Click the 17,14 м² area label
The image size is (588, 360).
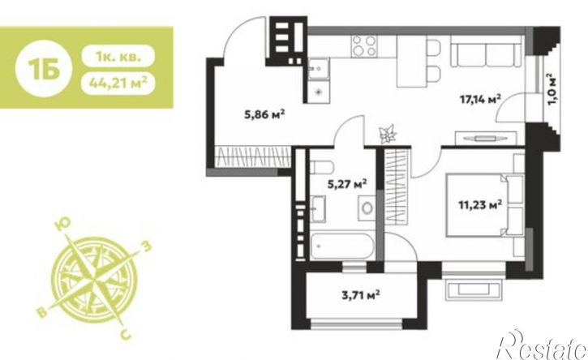(x=480, y=100)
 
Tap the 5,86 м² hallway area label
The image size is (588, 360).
(x=264, y=114)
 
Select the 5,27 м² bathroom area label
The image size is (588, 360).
(x=347, y=184)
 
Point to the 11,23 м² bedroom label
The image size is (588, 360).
(x=480, y=205)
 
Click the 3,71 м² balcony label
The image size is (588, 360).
(x=360, y=295)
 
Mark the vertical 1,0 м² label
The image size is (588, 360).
(x=552, y=90)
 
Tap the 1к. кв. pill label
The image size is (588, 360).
(x=118, y=57)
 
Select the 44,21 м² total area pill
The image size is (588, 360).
(x=118, y=83)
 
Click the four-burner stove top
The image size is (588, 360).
(x=364, y=45)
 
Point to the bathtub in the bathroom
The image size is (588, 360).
(x=342, y=246)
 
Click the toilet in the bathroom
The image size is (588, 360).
(x=321, y=167)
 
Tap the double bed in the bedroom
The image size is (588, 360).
(x=484, y=205)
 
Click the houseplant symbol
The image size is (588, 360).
(x=388, y=134)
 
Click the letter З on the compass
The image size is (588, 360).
(x=147, y=246)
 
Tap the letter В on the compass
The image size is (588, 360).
(x=42, y=311)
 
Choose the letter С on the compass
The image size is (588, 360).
(x=127, y=333)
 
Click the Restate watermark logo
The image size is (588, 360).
(x=541, y=345)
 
